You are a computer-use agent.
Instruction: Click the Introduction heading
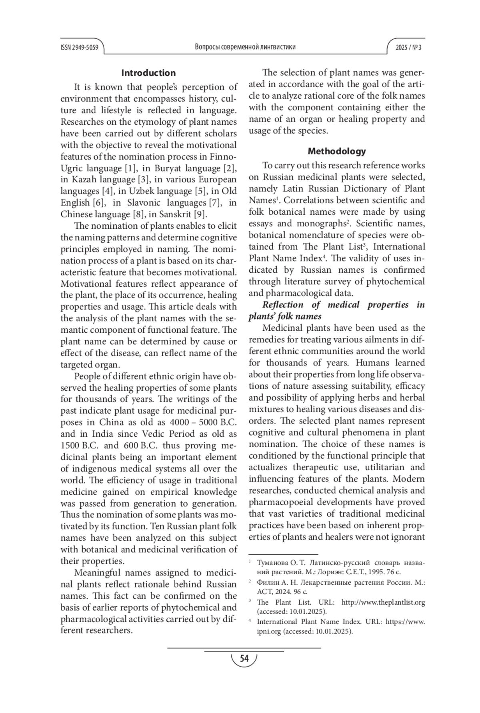(148, 73)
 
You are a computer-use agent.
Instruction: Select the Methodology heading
(337, 151)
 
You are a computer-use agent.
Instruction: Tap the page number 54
(244, 658)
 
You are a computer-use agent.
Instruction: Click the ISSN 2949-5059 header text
(79, 47)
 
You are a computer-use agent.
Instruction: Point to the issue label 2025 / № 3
(408, 47)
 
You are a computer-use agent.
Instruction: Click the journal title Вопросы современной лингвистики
(245, 47)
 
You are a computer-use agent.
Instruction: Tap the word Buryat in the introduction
(168, 168)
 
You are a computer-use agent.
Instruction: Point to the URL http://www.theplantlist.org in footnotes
(383, 602)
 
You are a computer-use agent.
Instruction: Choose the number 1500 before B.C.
(70, 445)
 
